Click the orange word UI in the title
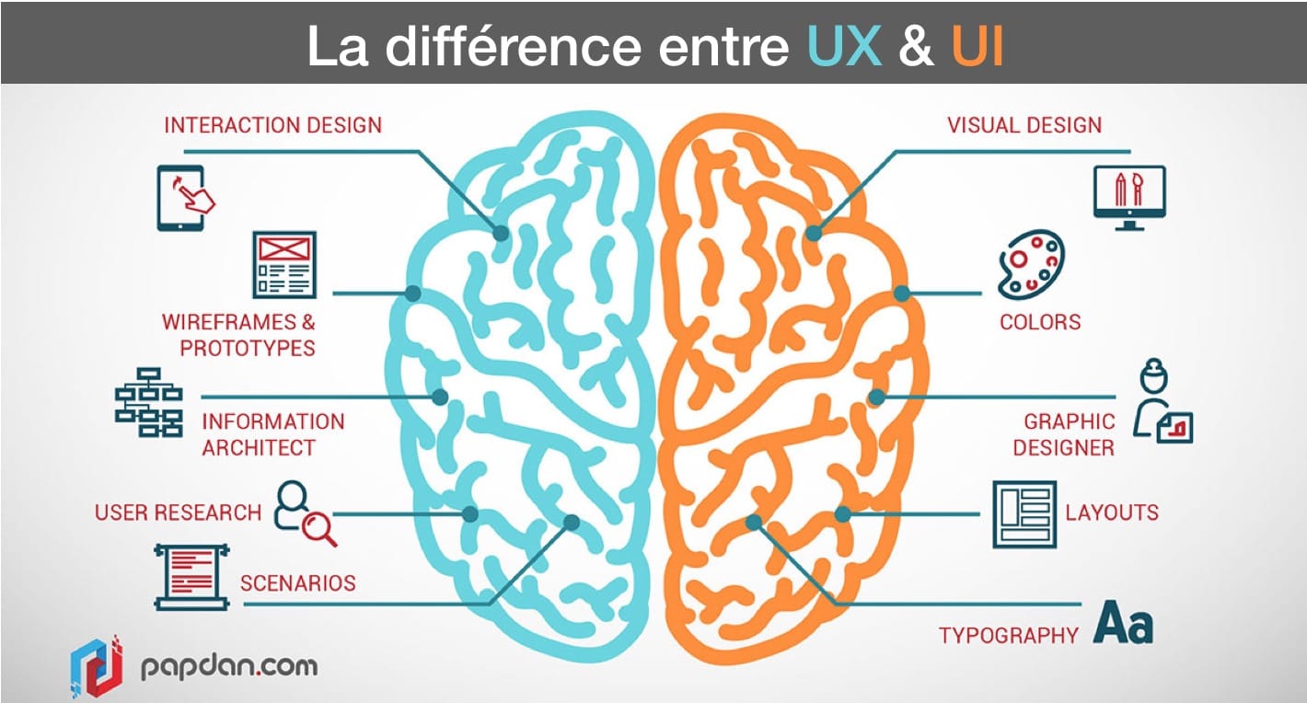click(977, 45)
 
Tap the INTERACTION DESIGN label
click(272, 125)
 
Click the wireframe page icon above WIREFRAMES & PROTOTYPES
click(284, 265)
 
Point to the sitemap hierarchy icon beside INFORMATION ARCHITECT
click(148, 402)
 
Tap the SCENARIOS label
click(297, 582)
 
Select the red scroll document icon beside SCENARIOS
click(191, 577)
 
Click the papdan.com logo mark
click(96, 664)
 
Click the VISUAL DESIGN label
click(1024, 125)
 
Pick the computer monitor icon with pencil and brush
click(1129, 195)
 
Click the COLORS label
click(1040, 322)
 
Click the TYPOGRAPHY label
click(1008, 635)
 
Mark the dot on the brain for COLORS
click(902, 294)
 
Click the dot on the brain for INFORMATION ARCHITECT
click(440, 397)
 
